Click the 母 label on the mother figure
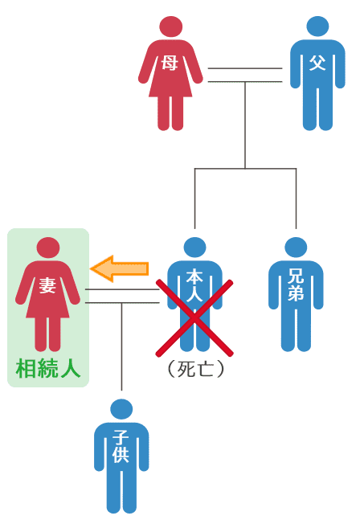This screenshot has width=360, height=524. coord(170,63)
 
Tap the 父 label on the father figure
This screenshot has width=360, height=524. coord(317,63)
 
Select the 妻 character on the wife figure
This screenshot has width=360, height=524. coord(47,285)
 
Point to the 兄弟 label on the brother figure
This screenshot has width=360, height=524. coord(296,285)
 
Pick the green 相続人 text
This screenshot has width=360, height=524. coord(48,368)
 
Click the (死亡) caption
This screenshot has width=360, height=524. coord(195,369)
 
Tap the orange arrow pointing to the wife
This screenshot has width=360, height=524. coord(120,268)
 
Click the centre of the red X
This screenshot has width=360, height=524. coord(194,317)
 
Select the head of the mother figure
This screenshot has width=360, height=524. coord(171,27)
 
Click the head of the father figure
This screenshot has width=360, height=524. coord(317,26)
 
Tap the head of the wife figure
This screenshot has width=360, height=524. coord(48,248)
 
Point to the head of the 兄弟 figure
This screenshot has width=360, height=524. coord(296,248)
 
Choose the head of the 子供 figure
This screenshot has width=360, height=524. coord(121,409)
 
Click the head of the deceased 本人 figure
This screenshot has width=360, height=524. coord(195,248)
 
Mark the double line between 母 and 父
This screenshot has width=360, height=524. coord(245,75)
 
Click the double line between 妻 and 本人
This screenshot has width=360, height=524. coord(122,296)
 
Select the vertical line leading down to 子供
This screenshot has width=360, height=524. coord(121,346)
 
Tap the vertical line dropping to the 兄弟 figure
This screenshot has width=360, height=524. coord(296,199)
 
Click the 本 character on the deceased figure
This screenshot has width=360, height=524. coord(194,277)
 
